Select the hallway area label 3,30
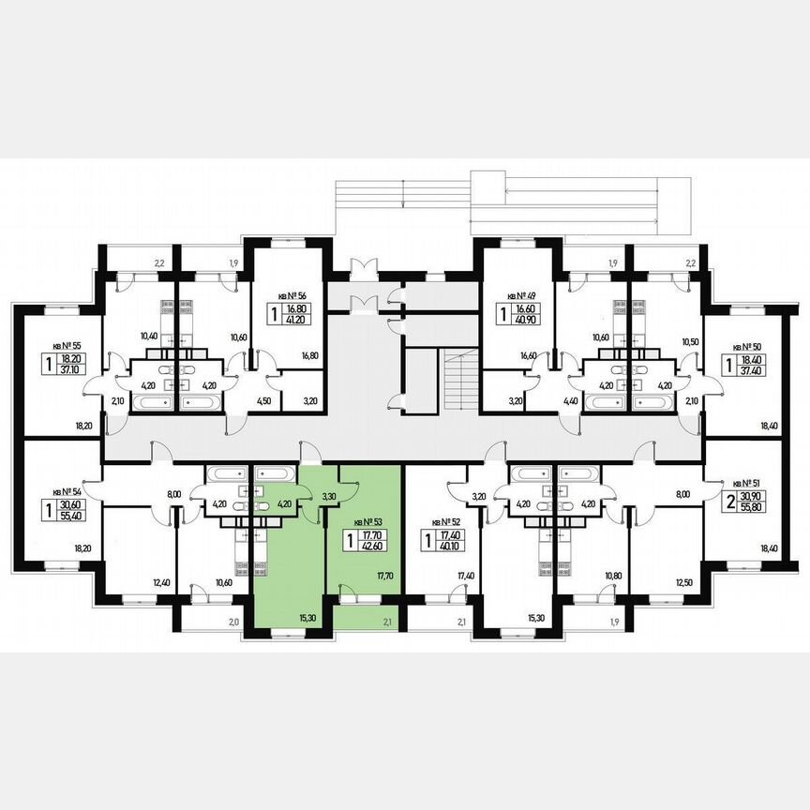click(329, 496)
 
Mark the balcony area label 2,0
click(232, 622)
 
